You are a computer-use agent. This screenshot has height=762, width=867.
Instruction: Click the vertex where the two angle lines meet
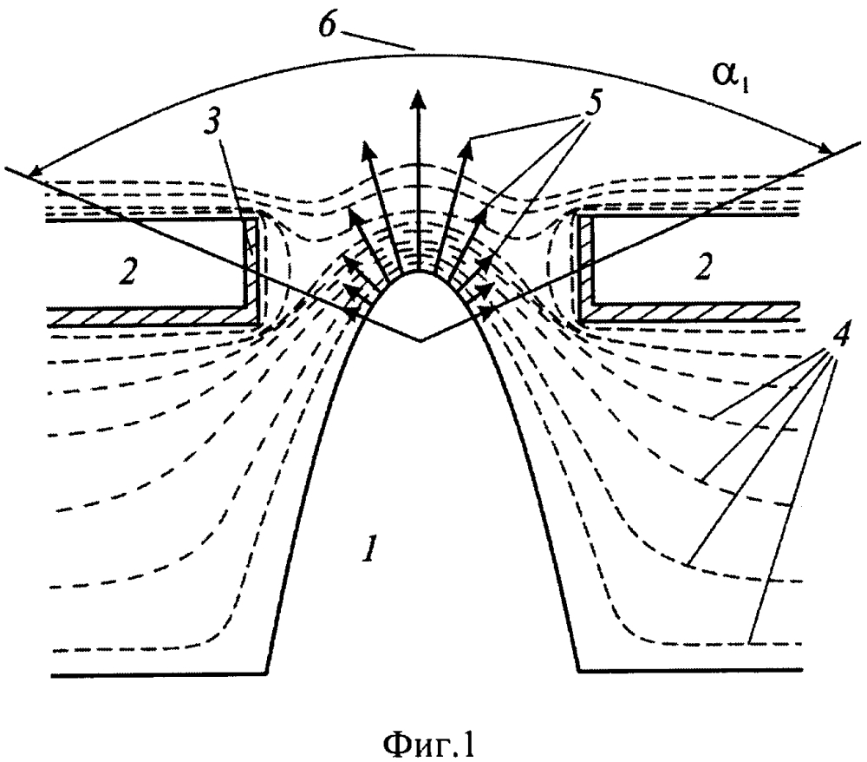point(421,342)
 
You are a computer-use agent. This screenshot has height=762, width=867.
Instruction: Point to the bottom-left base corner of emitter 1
point(266,673)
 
